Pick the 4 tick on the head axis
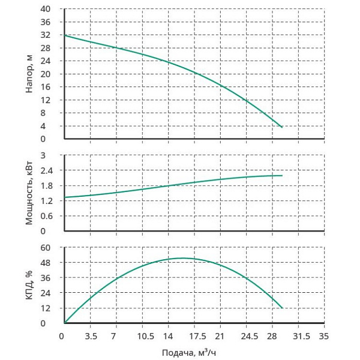pos(53,126)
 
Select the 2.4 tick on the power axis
pos(50,170)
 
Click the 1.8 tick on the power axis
pos(50,185)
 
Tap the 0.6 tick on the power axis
pos(50,216)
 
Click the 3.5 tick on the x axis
pos(91,335)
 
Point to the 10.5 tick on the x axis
pos(143,335)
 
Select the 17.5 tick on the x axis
pos(194,335)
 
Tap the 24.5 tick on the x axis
pos(247,335)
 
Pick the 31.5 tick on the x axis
pos(298,335)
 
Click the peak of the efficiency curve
pos(182,258)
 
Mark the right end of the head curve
pos(282,127)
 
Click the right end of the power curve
pos(282,175)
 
